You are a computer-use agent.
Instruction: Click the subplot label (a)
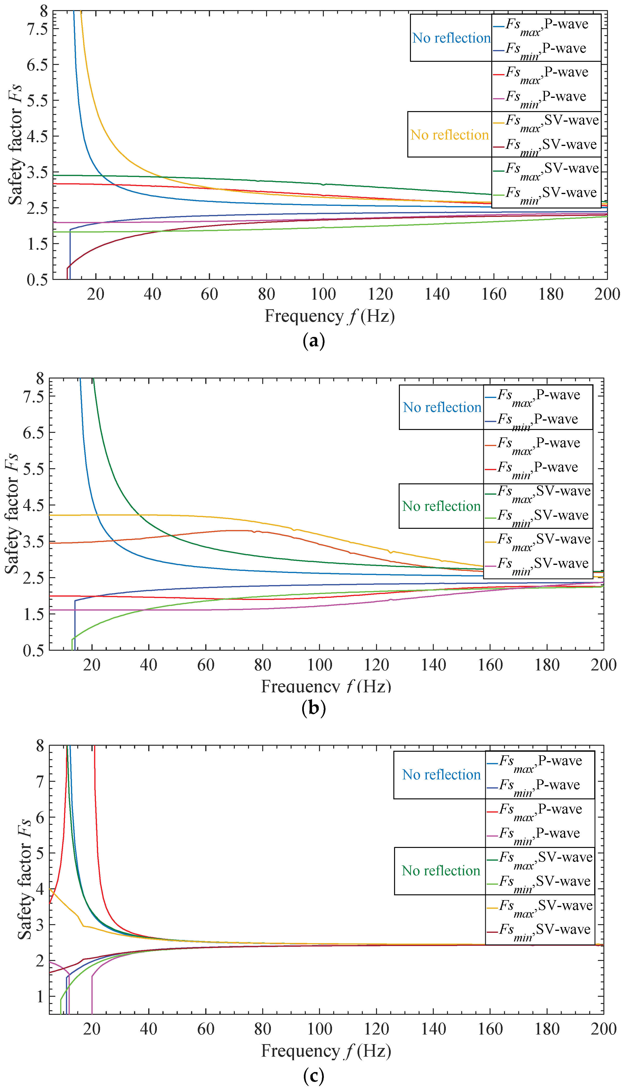313,341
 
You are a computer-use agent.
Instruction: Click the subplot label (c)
313,1076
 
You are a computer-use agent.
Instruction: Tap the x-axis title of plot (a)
329,316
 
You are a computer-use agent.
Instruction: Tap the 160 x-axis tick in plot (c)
490,1029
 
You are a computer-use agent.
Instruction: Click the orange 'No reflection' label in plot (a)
449,135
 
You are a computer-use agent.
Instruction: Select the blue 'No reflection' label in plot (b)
441,407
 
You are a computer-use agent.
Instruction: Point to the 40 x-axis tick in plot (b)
148,665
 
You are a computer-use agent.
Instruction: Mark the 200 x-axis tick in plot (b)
603,665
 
